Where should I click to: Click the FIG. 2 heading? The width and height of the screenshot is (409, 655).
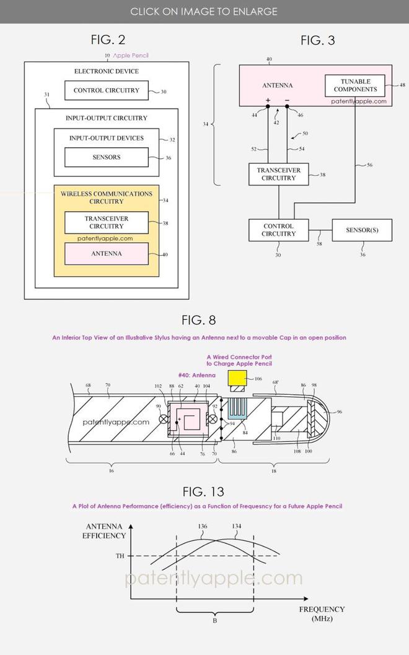[x=108, y=40]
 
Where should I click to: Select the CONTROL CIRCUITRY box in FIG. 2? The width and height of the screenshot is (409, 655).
[x=107, y=90]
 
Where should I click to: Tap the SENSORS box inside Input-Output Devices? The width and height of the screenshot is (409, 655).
[x=107, y=157]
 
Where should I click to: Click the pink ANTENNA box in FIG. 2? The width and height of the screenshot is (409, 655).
[x=107, y=253]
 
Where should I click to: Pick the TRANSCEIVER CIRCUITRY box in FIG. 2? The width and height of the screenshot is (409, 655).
[x=107, y=222]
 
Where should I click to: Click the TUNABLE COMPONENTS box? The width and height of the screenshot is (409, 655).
[x=355, y=86]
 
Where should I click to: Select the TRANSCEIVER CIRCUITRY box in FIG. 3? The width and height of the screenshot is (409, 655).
[x=278, y=174]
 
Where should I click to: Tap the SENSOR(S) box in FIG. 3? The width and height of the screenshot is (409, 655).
[x=362, y=230]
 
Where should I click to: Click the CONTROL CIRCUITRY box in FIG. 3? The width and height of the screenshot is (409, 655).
[x=278, y=230]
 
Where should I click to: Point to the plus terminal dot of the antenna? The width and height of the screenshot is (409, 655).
[x=268, y=107]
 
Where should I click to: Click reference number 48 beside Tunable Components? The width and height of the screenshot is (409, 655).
[x=402, y=85]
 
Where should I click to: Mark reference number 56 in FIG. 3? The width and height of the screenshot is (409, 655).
[x=369, y=165]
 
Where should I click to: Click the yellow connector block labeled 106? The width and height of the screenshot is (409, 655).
[x=237, y=378]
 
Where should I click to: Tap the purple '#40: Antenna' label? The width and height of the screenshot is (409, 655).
[x=197, y=375]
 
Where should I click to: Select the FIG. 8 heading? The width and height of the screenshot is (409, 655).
[x=199, y=320]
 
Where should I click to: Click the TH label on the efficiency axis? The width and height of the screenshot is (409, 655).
[x=120, y=556]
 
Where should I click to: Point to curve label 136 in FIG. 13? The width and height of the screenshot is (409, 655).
[x=202, y=526]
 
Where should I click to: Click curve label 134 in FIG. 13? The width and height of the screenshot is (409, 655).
[x=236, y=526]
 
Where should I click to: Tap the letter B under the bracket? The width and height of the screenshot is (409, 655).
[x=214, y=621]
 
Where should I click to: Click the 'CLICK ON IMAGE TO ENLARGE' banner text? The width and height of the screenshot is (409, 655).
[x=204, y=12]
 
